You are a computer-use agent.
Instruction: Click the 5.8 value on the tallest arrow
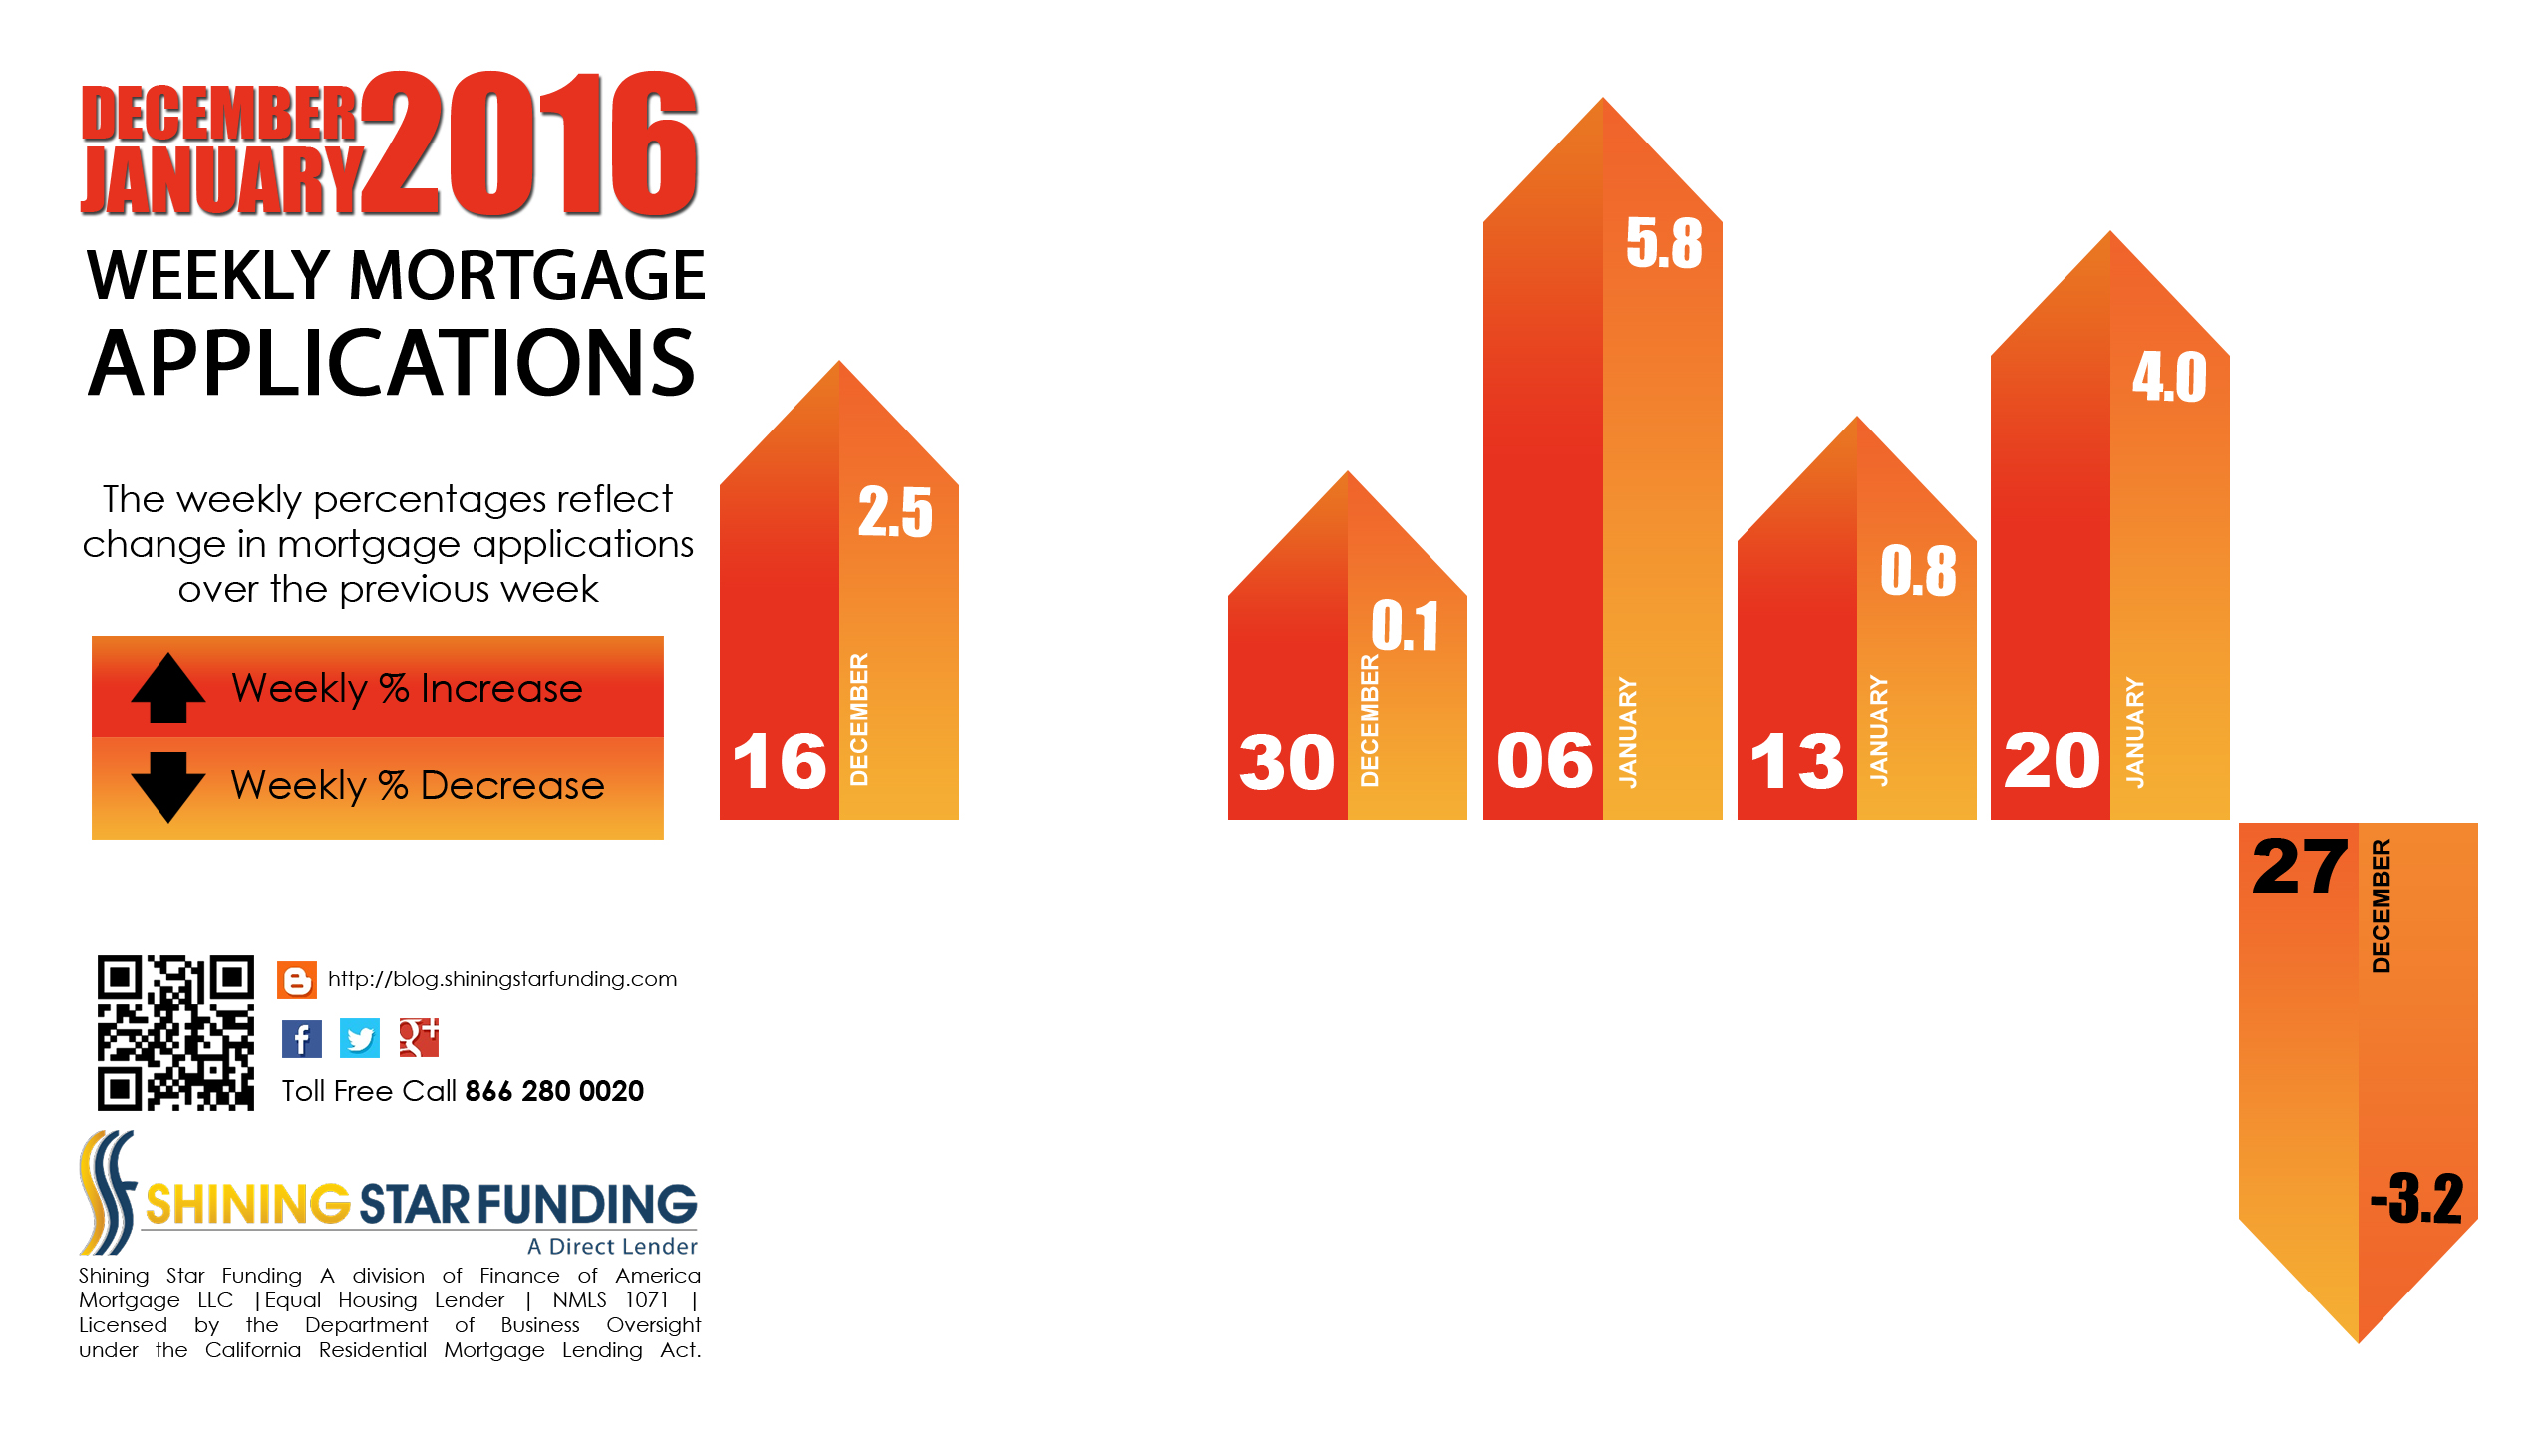tap(1664, 243)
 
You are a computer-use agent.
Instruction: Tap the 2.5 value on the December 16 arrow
tap(895, 512)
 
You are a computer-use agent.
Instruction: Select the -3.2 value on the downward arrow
tap(2416, 1198)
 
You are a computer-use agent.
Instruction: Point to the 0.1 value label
tap(1405, 626)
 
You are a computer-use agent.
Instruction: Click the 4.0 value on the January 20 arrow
tap(2169, 377)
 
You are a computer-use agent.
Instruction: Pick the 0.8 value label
tap(1918, 571)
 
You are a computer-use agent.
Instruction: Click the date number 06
tap(1545, 761)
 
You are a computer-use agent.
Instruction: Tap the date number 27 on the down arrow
tap(2300, 867)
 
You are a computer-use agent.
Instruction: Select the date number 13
tap(1797, 761)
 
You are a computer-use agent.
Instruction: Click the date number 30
tap(1286, 762)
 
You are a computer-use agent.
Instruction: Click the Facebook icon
tap(301, 1039)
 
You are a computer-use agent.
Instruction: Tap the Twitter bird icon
tap(360, 1039)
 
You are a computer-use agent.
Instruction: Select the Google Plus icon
tap(419, 1038)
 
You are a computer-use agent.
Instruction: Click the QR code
tap(175, 1032)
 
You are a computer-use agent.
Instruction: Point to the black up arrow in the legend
tap(168, 688)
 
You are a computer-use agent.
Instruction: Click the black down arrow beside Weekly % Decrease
tap(168, 787)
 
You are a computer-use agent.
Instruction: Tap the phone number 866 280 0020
tap(554, 1091)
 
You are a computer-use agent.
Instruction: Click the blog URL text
tap(502, 979)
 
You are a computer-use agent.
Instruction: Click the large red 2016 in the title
tap(530, 144)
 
